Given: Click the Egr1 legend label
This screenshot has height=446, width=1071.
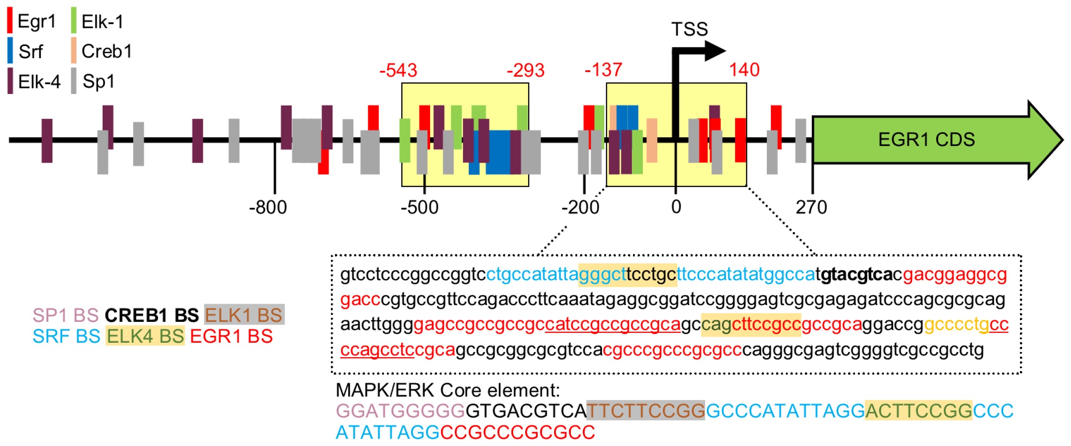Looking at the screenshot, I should (36, 21).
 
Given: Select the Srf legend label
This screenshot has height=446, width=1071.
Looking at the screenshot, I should (31, 52).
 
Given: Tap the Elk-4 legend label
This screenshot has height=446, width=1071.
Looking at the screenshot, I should (39, 82).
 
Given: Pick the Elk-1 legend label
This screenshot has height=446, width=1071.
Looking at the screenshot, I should (102, 21).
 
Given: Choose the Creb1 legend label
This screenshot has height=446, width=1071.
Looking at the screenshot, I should (107, 52).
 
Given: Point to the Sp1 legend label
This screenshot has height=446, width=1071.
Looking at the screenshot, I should (98, 82).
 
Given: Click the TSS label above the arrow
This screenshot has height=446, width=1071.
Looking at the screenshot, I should (689, 29).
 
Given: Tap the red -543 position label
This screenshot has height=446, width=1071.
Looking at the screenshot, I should (398, 71).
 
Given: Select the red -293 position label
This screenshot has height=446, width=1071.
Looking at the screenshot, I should (525, 71).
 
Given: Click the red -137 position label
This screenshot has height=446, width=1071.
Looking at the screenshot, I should (603, 70).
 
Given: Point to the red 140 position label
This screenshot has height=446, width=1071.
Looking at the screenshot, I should (744, 70).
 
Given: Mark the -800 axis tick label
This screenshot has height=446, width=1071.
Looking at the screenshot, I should (268, 207).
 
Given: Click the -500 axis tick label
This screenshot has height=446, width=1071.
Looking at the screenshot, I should (419, 207).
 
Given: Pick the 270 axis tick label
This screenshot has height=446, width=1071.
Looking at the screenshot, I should (811, 207).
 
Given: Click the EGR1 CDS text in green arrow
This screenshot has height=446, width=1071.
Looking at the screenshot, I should (926, 140).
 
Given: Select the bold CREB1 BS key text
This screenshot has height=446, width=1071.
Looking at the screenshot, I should (151, 315).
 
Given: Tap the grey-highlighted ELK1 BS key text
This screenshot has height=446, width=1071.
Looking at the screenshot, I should (244, 315).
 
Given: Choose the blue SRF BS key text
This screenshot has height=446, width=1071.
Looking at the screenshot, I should (66, 336).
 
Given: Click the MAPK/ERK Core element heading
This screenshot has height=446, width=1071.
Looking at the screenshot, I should (448, 390).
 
